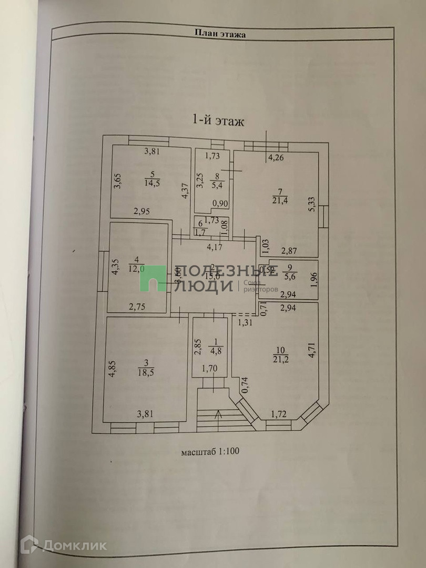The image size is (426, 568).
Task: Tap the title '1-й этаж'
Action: pyautogui.click(x=218, y=121)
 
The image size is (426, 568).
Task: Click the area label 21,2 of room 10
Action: pyautogui.click(x=281, y=359)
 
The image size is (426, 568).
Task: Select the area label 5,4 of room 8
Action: pyautogui.click(x=214, y=184)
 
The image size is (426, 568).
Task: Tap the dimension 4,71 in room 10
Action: pyautogui.click(x=312, y=350)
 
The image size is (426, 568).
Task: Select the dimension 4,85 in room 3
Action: pyautogui.click(x=111, y=369)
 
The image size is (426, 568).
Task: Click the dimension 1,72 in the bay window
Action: pyautogui.click(x=278, y=415)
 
